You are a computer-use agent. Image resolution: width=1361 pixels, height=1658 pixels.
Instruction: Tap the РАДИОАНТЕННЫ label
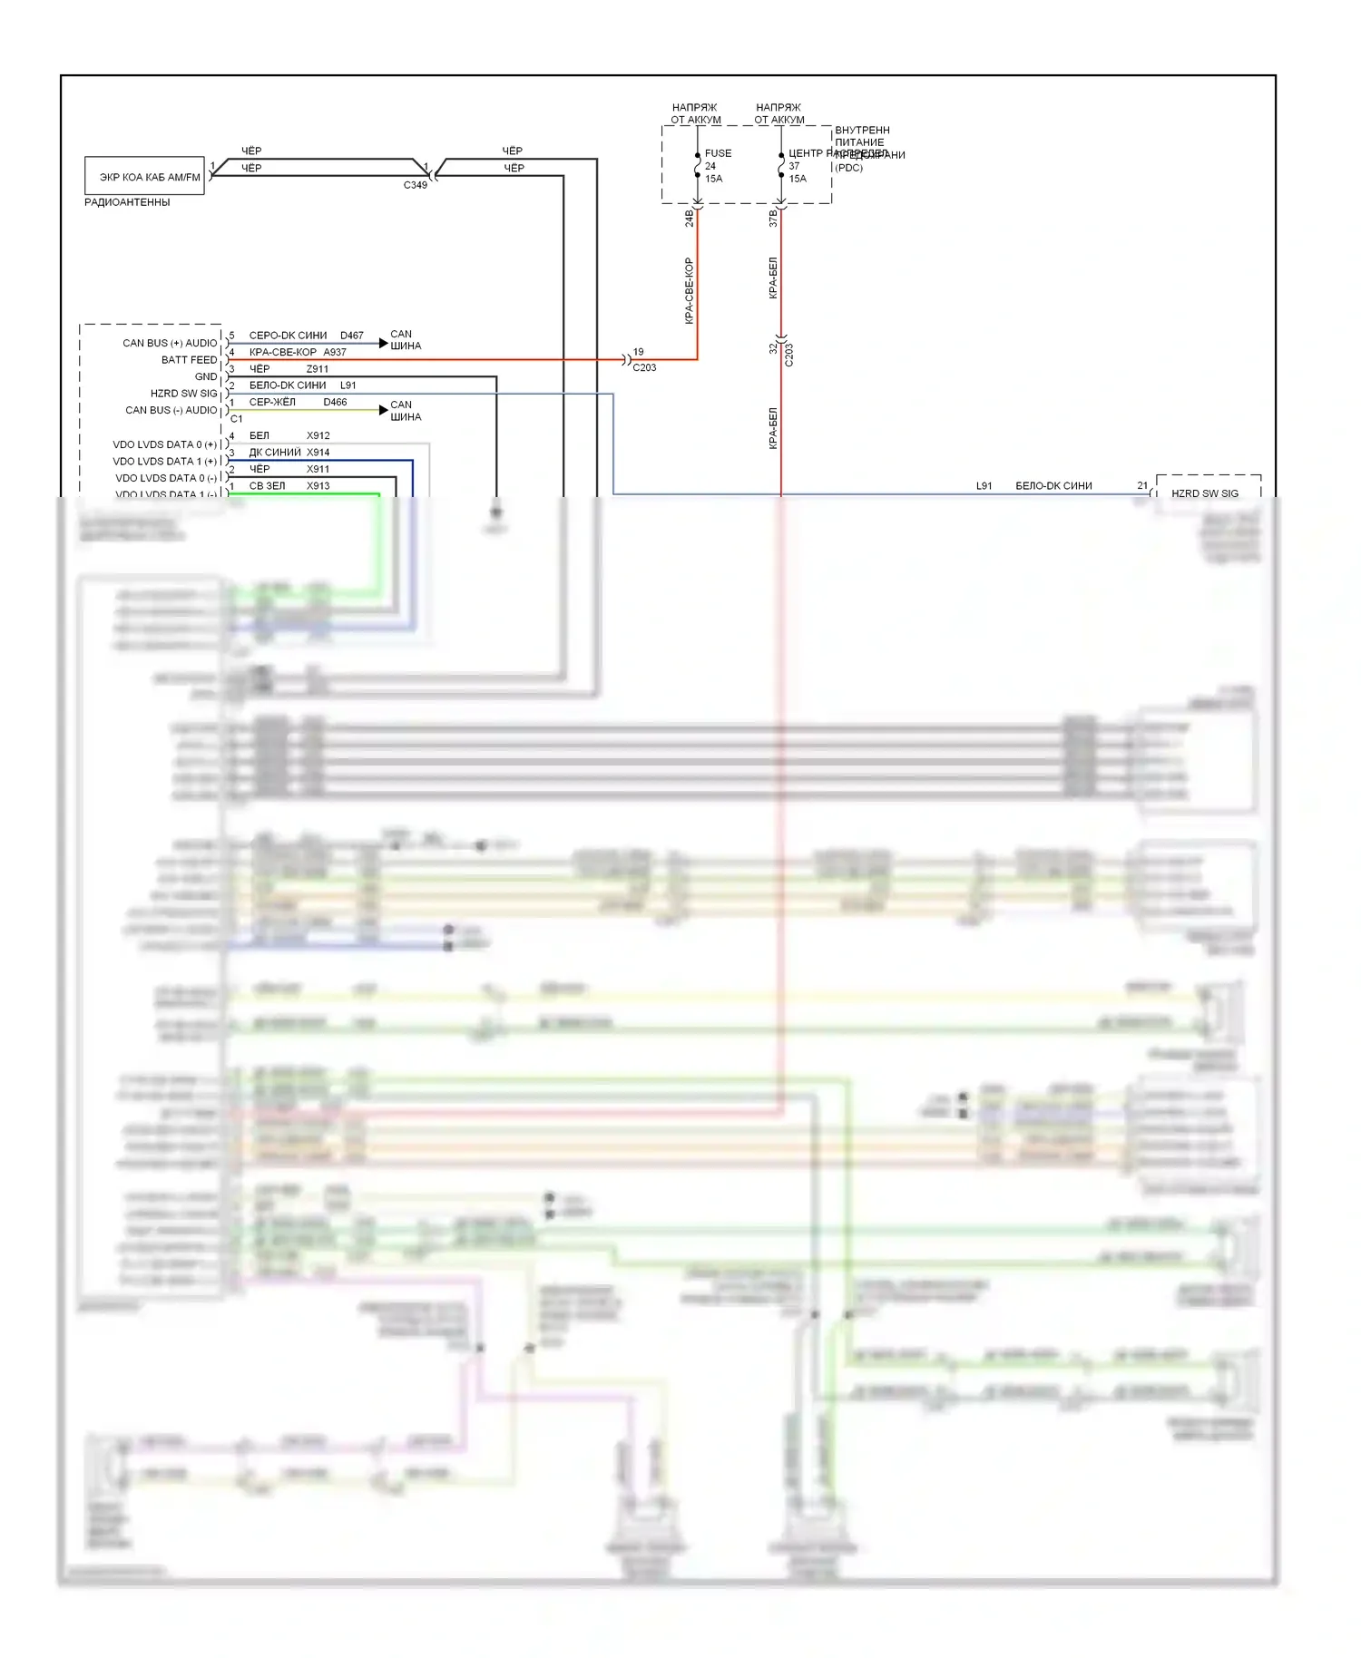pyautogui.click(x=127, y=202)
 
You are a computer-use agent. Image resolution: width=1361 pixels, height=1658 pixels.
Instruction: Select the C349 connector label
pyautogui.click(x=415, y=185)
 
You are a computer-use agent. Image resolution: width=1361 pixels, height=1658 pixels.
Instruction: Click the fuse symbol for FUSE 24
pyautogui.click(x=697, y=167)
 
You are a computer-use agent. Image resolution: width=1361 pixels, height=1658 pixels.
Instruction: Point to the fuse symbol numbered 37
pyautogui.click(x=780, y=167)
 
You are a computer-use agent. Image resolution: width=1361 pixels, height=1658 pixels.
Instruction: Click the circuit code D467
pyautogui.click(x=351, y=336)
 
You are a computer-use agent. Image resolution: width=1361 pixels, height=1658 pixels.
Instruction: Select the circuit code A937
pyautogui.click(x=335, y=352)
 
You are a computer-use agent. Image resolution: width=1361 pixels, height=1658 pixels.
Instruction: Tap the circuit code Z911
pyautogui.click(x=318, y=369)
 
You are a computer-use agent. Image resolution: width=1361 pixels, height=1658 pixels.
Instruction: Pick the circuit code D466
pyautogui.click(x=335, y=402)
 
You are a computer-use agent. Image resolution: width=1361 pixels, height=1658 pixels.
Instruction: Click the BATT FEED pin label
pyautogui.click(x=189, y=360)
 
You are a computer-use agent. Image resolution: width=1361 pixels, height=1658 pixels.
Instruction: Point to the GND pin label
pyautogui.click(x=206, y=376)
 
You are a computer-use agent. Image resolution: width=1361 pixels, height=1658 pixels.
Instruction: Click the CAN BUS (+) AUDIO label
pyautogui.click(x=170, y=343)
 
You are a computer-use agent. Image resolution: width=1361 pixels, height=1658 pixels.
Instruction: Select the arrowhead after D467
pyautogui.click(x=383, y=343)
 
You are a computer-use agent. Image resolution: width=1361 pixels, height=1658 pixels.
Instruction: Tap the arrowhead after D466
pyautogui.click(x=383, y=410)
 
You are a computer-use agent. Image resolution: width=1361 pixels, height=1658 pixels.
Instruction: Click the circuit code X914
pyautogui.click(x=318, y=453)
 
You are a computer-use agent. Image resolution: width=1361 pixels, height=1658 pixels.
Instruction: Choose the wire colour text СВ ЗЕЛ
pyautogui.click(x=267, y=486)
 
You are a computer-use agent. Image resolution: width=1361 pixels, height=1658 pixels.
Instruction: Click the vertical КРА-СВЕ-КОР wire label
pyautogui.click(x=689, y=290)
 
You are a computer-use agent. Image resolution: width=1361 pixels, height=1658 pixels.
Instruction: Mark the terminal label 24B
pyautogui.click(x=689, y=218)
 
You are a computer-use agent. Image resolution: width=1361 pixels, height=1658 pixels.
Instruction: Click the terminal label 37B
pyautogui.click(x=773, y=218)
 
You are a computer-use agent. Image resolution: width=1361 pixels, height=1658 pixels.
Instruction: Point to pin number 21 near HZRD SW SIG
pyautogui.click(x=1142, y=486)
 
